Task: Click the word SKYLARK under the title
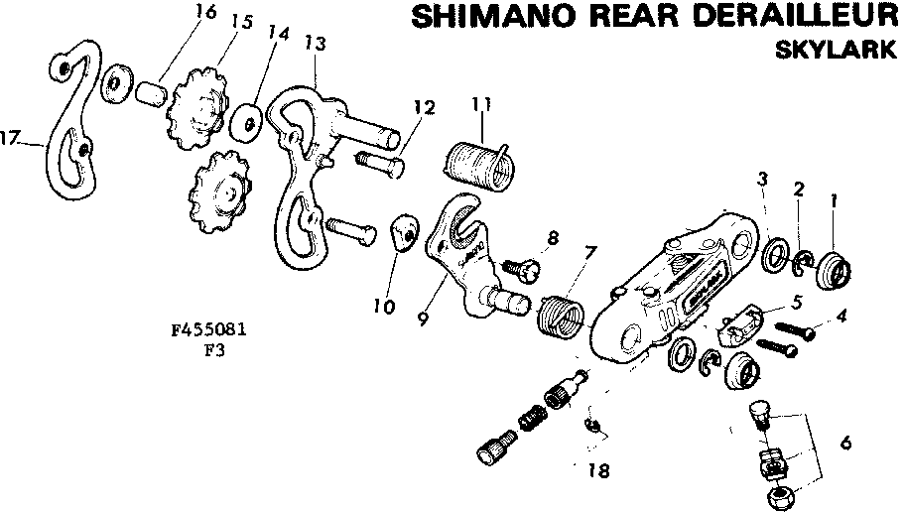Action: point(836,51)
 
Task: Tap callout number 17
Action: point(11,139)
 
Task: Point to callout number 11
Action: point(482,103)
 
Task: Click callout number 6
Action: point(844,444)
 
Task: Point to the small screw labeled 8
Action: point(521,266)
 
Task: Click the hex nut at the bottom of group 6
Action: point(778,493)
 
